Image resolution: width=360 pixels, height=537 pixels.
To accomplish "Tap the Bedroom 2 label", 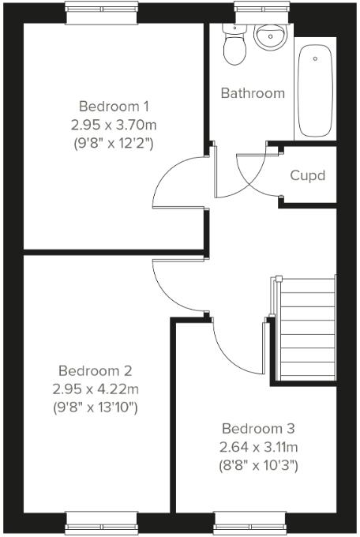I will [96, 370].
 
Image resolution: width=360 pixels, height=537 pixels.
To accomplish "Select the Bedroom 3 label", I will [258, 429].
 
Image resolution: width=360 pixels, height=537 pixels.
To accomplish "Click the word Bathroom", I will [253, 93].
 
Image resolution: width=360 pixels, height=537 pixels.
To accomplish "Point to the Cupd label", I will [307, 175].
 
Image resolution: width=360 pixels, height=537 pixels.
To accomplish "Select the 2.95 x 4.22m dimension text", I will [96, 389].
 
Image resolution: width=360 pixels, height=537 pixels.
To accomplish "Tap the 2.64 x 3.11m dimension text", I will [258, 448].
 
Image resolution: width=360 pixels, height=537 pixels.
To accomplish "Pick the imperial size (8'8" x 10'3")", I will [258, 466].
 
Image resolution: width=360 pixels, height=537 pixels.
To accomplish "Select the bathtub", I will [316, 91].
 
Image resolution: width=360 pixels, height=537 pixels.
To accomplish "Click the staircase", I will [308, 328].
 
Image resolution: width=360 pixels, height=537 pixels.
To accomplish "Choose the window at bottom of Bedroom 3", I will [248, 522].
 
